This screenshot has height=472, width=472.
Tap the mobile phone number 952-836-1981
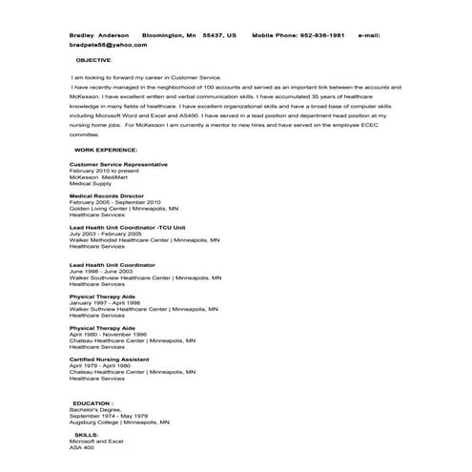(320, 35)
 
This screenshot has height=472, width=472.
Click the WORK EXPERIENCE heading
(106, 150)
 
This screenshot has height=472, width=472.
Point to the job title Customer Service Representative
(118, 164)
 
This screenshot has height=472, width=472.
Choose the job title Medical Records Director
(108, 195)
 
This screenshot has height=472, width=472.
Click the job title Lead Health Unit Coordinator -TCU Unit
(127, 228)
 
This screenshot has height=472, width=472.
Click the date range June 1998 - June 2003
(101, 271)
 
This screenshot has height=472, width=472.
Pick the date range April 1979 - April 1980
(100, 365)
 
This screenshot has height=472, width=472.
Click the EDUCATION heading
(98, 403)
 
